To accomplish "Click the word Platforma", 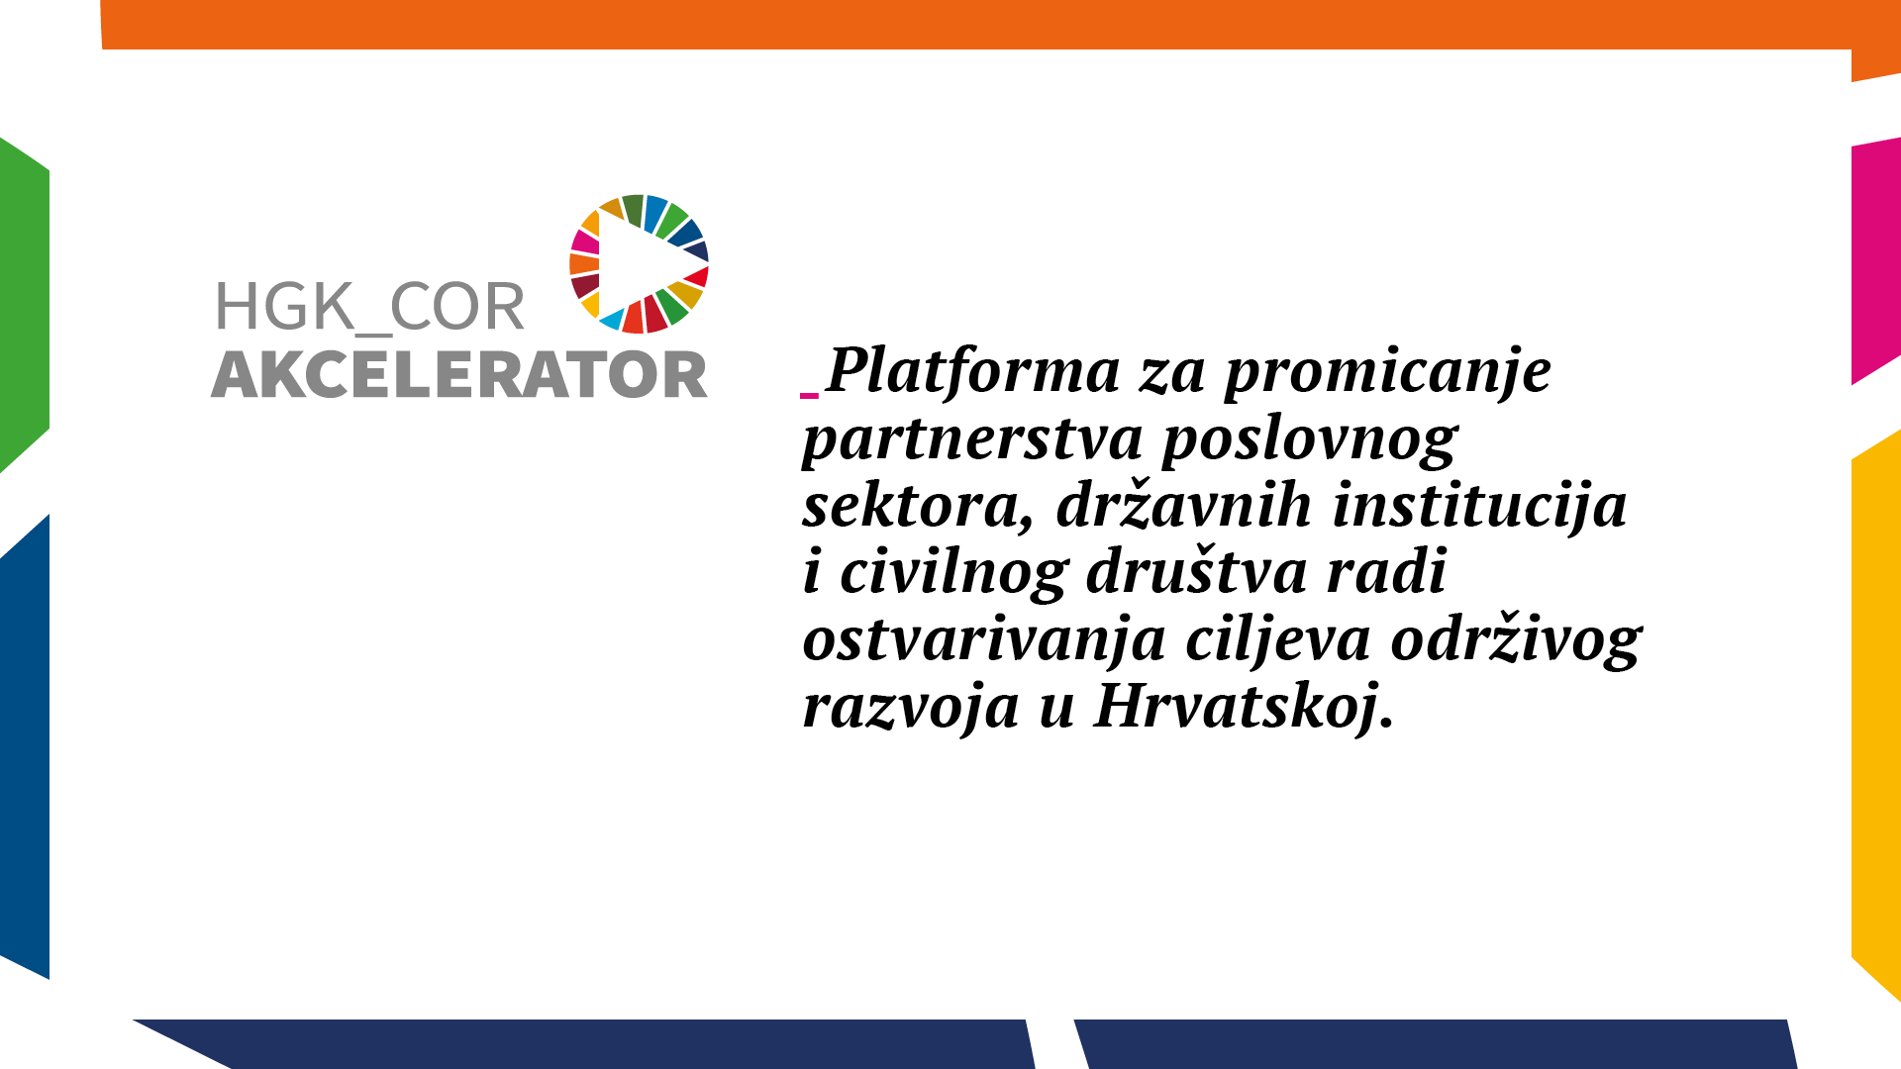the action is pos(973,371).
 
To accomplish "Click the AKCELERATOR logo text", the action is pos(459,375).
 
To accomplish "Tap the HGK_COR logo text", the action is pos(369,308).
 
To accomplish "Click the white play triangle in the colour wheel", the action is pos(634,264).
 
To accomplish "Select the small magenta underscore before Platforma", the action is pos(810,395).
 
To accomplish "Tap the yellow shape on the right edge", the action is pos(1876,713).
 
